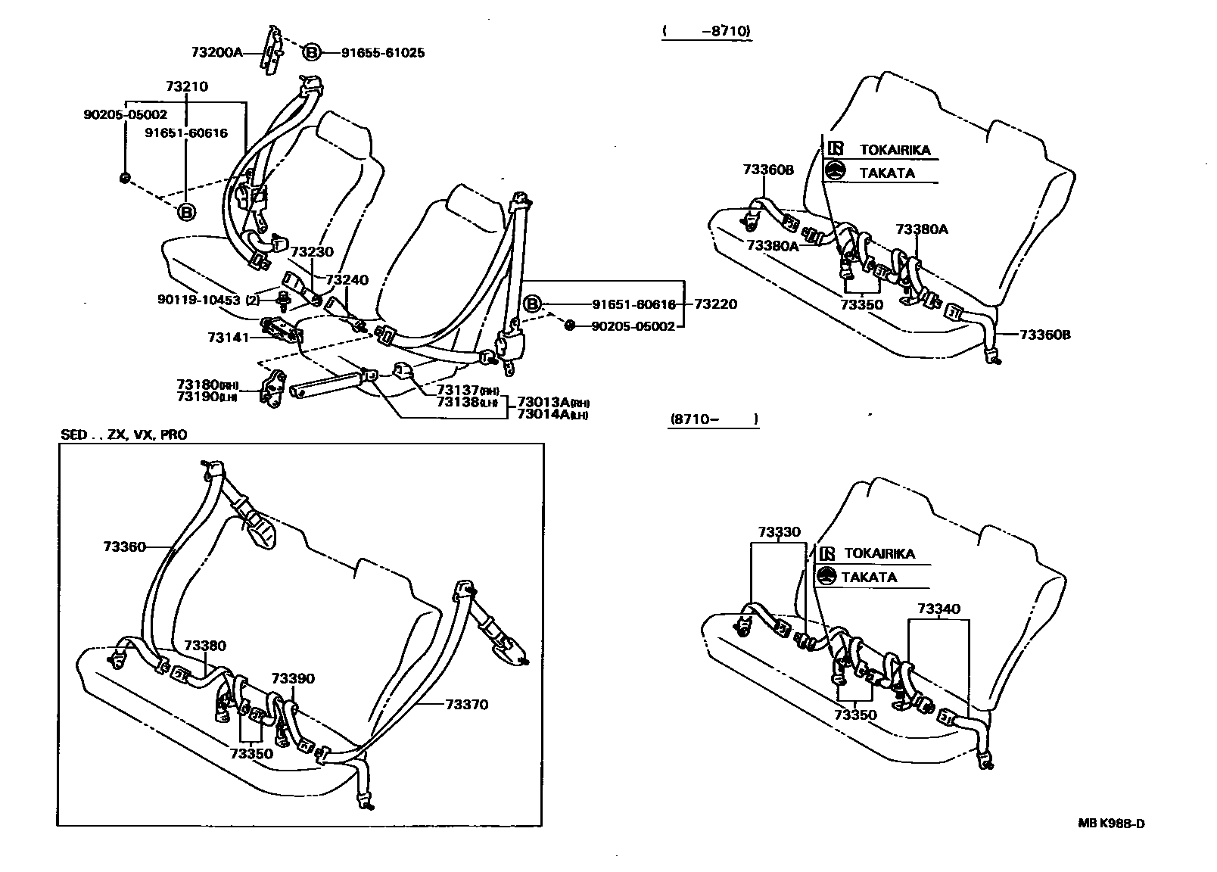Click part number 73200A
(216, 52)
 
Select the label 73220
(715, 304)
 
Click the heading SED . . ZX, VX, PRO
(123, 434)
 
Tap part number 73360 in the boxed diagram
(124, 545)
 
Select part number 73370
(466, 704)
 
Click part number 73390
(293, 678)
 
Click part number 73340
(938, 609)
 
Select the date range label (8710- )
(713, 419)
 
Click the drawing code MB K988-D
(1111, 824)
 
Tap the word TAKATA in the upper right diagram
(886, 173)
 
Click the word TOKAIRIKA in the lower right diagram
(879, 553)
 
